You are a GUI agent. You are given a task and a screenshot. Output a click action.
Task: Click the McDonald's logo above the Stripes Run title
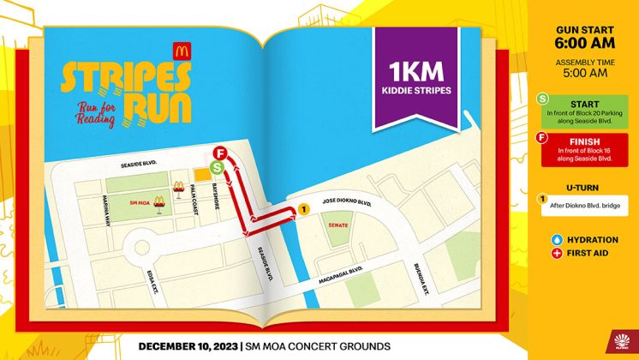182,51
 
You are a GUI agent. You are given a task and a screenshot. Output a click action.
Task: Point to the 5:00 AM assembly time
582,73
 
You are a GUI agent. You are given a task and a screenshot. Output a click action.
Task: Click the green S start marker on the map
217,167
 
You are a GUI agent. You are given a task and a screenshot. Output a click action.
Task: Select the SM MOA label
138,203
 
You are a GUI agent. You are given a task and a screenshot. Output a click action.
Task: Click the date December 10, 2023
184,346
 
